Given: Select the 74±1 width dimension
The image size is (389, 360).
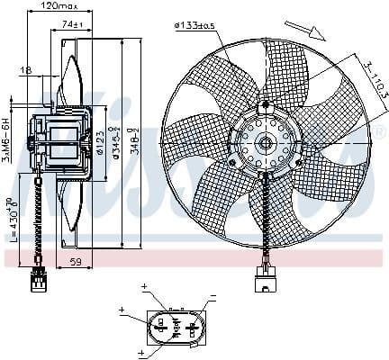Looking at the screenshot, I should (86, 24).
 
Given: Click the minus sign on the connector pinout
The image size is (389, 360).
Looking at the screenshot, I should (213, 296).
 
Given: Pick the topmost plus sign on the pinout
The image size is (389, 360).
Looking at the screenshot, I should (144, 287).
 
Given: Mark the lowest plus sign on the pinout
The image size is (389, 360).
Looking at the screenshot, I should (141, 354).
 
